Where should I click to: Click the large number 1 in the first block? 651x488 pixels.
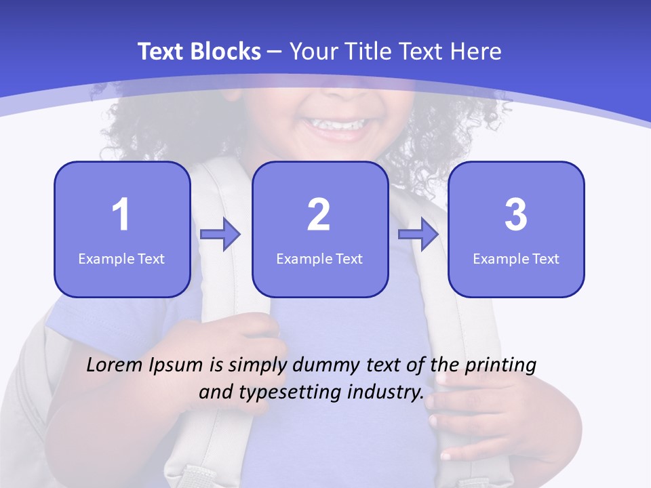click(x=121, y=215)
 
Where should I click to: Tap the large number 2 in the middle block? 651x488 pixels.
click(x=319, y=215)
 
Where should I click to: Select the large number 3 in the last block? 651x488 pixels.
click(x=516, y=215)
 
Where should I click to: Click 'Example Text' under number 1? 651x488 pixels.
click(x=121, y=259)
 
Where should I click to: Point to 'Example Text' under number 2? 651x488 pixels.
click(x=319, y=259)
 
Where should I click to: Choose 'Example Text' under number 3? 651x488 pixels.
click(x=516, y=259)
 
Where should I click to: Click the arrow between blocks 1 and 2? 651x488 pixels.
click(x=220, y=235)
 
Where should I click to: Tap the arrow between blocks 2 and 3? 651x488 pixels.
click(x=418, y=235)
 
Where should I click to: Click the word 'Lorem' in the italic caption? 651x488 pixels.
click(x=114, y=365)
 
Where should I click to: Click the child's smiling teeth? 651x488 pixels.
click(x=336, y=125)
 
